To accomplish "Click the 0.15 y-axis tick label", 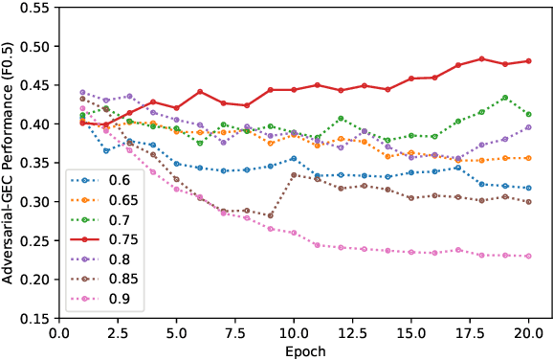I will pos(36,319).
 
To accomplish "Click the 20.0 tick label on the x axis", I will pos(528,332).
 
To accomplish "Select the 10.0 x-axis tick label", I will pos(293,332).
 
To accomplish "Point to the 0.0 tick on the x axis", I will pos(58,332).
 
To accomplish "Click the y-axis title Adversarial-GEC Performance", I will pos(11,163).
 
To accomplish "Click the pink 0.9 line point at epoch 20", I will pos(528,256).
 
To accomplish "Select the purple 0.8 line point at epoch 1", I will pos(82,93).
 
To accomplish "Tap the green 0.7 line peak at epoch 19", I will pos(504,98).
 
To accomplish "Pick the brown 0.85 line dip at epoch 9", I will pos(270,215).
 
